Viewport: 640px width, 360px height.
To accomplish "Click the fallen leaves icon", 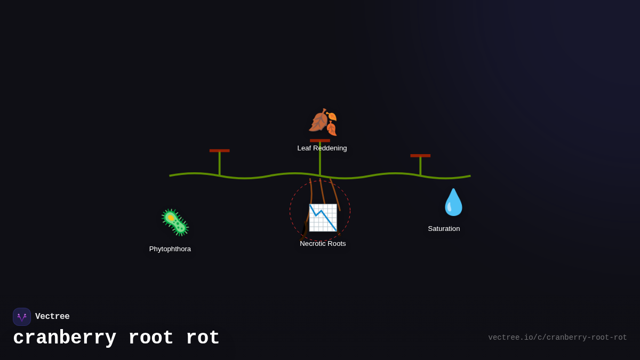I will click(323, 122).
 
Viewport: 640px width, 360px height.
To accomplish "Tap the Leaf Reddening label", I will click(322, 148).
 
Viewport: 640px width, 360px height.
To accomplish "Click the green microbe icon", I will click(175, 222).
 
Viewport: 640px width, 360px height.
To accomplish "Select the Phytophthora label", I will click(170, 249).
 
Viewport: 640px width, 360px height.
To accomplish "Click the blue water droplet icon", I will click(453, 203).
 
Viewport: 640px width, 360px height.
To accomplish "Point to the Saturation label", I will click(444, 229).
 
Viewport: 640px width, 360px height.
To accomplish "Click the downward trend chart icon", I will click(323, 218).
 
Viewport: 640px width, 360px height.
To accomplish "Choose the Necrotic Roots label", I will click(323, 244).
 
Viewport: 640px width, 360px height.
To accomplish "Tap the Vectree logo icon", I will click(22, 317).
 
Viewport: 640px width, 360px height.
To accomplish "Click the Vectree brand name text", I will click(52, 317).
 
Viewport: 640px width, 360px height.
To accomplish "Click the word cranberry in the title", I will click(65, 338).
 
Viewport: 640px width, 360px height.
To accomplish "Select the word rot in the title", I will click(203, 338).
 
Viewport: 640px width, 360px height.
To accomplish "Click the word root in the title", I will click(150, 338).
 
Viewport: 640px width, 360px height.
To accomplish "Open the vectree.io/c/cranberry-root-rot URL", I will click(557, 338).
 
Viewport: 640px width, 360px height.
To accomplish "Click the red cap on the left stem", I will click(219, 151).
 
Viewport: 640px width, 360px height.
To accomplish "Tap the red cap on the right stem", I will click(420, 156).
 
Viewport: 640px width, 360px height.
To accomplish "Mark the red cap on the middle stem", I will click(320, 141).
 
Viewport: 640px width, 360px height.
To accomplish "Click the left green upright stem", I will click(219, 164).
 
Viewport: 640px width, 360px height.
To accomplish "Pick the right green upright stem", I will click(420, 166).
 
